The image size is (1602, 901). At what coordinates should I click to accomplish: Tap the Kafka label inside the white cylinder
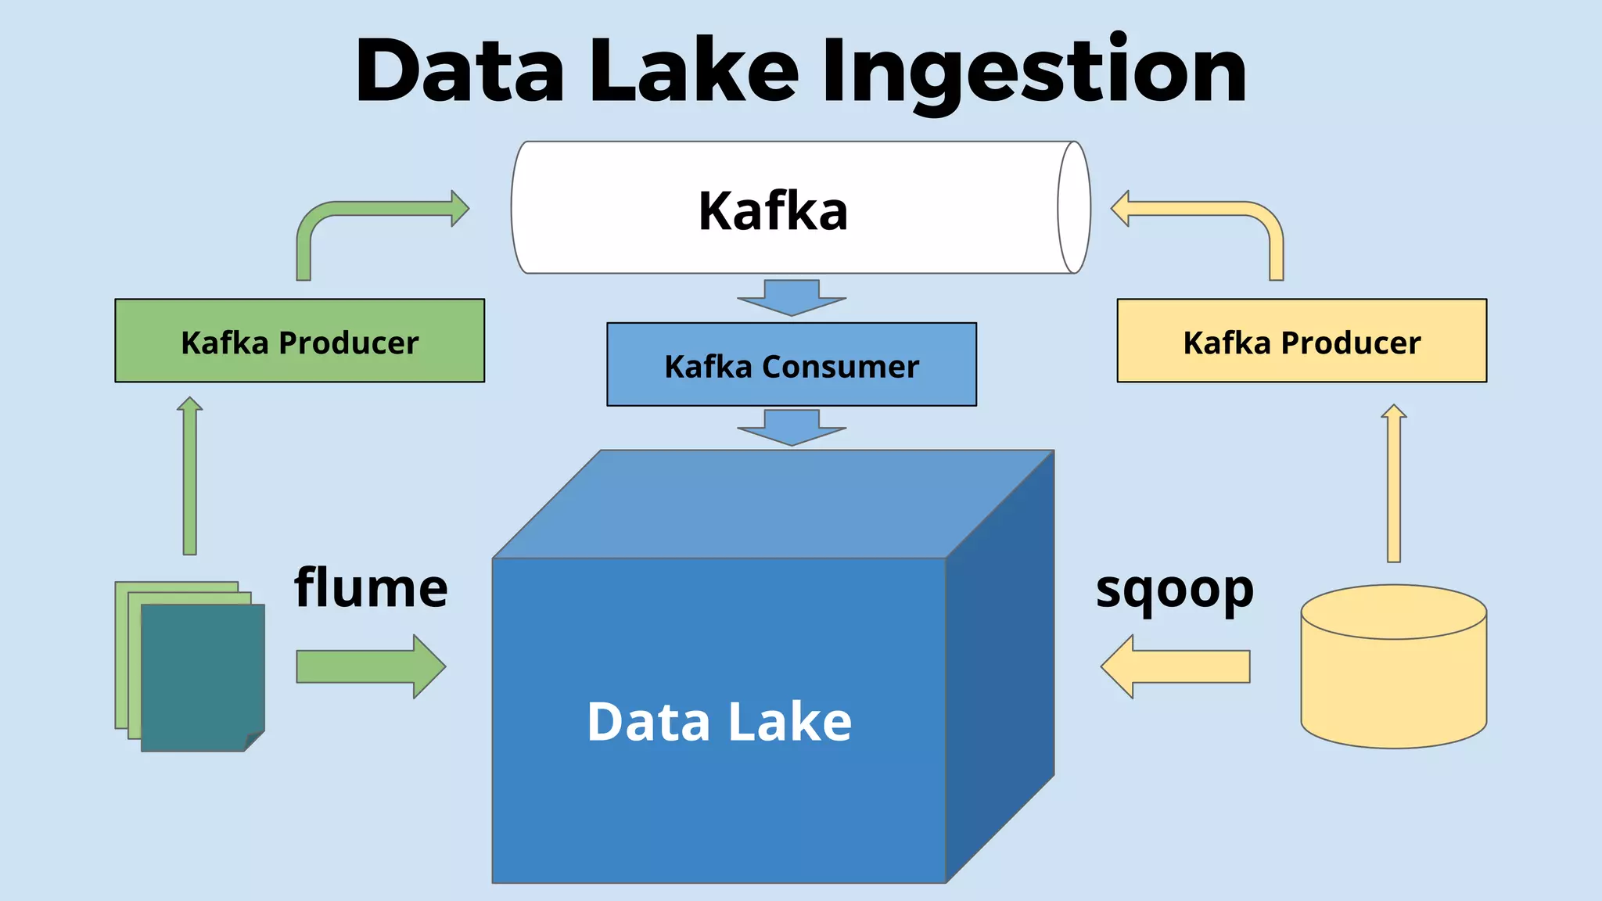(x=773, y=211)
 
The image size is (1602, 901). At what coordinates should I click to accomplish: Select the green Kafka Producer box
(x=300, y=341)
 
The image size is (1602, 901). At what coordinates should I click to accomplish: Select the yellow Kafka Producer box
(x=1302, y=341)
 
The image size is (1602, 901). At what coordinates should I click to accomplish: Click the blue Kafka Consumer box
(x=791, y=365)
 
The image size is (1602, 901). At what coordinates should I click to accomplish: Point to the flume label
(x=371, y=588)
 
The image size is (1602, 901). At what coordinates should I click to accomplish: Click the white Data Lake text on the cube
(x=718, y=721)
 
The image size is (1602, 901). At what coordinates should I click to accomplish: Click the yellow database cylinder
(x=1393, y=680)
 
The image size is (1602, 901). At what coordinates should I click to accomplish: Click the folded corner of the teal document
(x=255, y=740)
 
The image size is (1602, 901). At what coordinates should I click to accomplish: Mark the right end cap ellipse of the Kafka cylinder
(x=1074, y=207)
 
